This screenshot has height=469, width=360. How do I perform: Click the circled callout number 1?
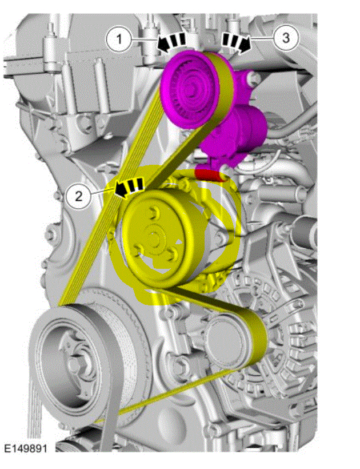click(x=119, y=39)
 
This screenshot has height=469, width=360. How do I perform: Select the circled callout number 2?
click(x=79, y=196)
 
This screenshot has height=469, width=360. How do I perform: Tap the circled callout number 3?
click(x=286, y=38)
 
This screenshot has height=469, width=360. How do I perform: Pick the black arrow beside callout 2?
click(x=129, y=188)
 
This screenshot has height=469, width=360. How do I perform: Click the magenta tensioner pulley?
click(x=190, y=89)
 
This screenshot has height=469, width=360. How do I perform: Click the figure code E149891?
click(x=26, y=448)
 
